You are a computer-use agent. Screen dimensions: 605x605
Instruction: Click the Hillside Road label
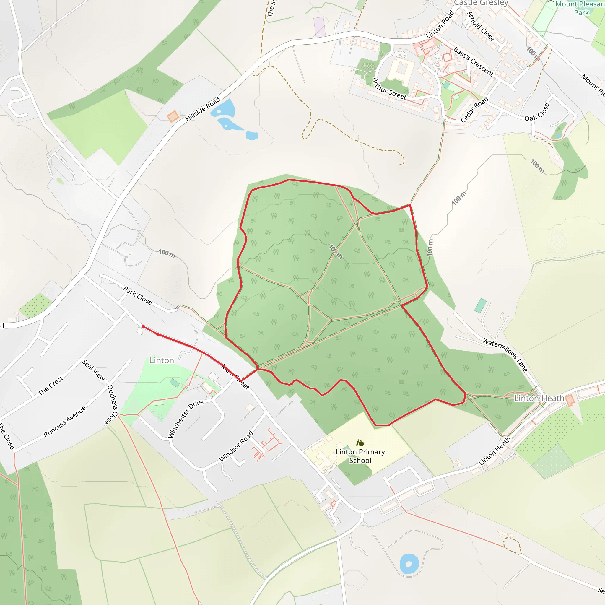pyautogui.click(x=203, y=109)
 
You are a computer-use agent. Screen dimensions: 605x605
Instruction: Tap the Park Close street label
pyautogui.click(x=137, y=295)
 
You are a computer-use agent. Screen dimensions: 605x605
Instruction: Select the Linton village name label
pyautogui.click(x=162, y=360)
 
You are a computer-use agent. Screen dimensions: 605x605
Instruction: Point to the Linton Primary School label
pyautogui.click(x=360, y=456)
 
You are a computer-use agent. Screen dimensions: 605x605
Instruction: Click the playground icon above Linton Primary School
pyautogui.click(x=360, y=443)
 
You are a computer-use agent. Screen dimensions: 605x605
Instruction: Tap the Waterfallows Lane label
pyautogui.click(x=505, y=355)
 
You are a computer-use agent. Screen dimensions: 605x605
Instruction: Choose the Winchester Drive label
pyautogui.click(x=186, y=418)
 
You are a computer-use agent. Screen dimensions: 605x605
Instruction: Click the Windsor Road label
pyautogui.click(x=236, y=446)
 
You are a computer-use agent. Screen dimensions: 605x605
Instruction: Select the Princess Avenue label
pyautogui.click(x=64, y=422)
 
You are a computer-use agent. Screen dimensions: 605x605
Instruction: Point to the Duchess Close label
pyautogui.click(x=112, y=405)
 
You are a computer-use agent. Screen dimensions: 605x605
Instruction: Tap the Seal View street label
pyautogui.click(x=93, y=370)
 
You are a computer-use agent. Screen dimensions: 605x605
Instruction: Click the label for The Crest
pyautogui.click(x=51, y=386)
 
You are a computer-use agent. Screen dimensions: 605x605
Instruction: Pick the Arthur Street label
pyautogui.click(x=389, y=89)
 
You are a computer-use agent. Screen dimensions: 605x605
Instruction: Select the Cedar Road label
pyautogui.click(x=474, y=110)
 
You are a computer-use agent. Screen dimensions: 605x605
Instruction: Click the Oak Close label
pyautogui.click(x=537, y=112)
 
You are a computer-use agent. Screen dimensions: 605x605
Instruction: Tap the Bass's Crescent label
pyautogui.click(x=473, y=61)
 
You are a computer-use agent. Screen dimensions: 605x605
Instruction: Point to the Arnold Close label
pyautogui.click(x=481, y=26)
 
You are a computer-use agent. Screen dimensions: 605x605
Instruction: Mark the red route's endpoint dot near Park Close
pyautogui.click(x=143, y=327)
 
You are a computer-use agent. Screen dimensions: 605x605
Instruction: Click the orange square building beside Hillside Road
pyautogui.click(x=173, y=116)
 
